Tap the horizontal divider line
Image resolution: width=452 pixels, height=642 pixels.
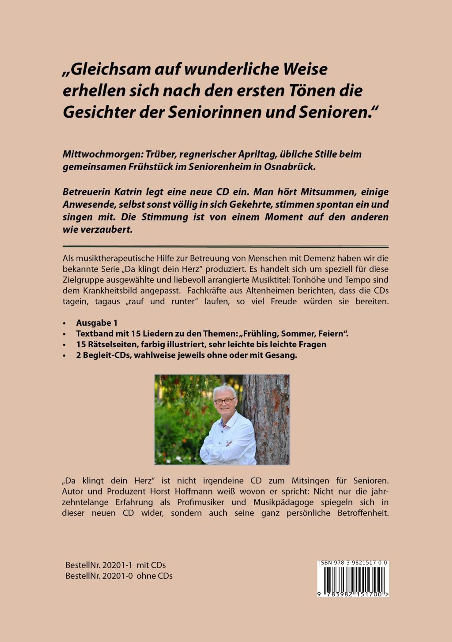(225, 247)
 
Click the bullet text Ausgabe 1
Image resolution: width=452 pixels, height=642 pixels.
(97, 323)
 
